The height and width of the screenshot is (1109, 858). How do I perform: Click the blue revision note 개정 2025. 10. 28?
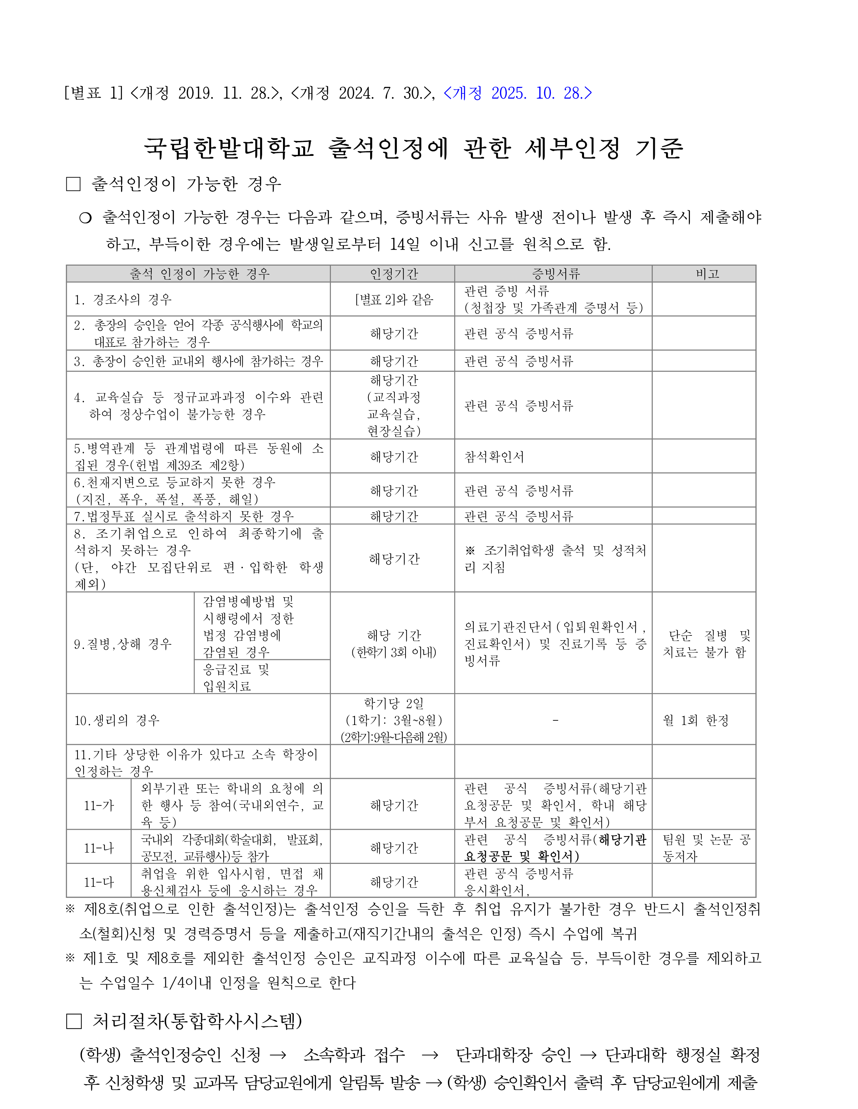[517, 93]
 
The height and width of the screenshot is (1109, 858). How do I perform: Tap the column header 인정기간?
[393, 274]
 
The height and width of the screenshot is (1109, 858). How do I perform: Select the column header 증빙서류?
[556, 274]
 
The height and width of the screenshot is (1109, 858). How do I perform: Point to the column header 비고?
[707, 274]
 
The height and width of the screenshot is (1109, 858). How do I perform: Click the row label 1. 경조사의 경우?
[123, 300]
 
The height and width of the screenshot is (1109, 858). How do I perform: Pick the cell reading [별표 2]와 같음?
[393, 300]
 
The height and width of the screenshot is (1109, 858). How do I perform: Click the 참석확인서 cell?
[493, 457]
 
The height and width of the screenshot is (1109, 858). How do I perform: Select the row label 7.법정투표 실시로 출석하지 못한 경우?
[184, 516]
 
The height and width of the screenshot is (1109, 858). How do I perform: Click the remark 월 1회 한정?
[695, 720]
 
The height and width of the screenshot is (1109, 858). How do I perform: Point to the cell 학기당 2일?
[393, 704]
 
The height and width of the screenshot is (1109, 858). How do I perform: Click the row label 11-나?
[99, 848]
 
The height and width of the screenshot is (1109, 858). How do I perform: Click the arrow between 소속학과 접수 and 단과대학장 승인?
[430, 1055]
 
